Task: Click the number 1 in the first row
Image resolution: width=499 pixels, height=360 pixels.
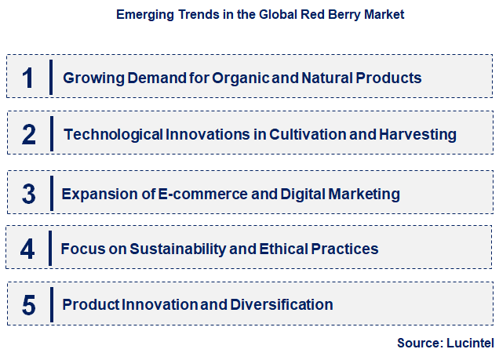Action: (28, 78)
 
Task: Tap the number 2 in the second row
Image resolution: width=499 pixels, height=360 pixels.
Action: (28, 134)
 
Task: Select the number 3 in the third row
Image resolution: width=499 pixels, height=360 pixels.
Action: (28, 193)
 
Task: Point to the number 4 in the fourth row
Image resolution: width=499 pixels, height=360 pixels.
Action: (28, 249)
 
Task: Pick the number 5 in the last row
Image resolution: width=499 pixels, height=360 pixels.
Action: (28, 304)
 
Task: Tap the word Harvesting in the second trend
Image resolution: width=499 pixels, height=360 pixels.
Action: (417, 134)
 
